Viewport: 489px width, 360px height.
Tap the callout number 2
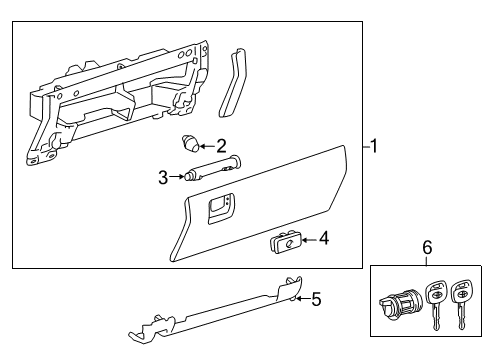point(221,145)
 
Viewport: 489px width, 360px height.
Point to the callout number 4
point(323,239)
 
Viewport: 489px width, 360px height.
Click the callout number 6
point(427,247)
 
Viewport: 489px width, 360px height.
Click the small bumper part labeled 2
point(190,143)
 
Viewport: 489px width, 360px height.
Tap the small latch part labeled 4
point(283,240)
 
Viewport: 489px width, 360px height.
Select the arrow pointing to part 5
point(301,298)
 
